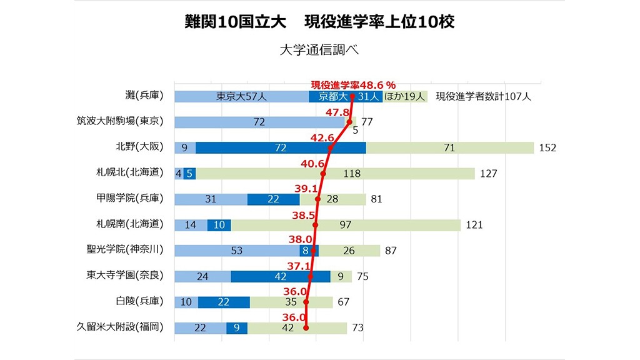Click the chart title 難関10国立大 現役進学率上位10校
[319, 22]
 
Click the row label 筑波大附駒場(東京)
[121, 122]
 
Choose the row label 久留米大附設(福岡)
[121, 327]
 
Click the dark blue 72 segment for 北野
[281, 147]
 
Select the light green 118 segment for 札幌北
[336, 173]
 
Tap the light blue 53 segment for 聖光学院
[237, 250]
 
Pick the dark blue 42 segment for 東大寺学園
[281, 276]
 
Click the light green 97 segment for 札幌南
[345, 224]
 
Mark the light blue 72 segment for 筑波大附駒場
[259, 122]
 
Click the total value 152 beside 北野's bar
[547, 148]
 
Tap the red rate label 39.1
[305, 188]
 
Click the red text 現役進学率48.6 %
[354, 84]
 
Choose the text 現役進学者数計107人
[483, 96]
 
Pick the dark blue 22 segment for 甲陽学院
[273, 199]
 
